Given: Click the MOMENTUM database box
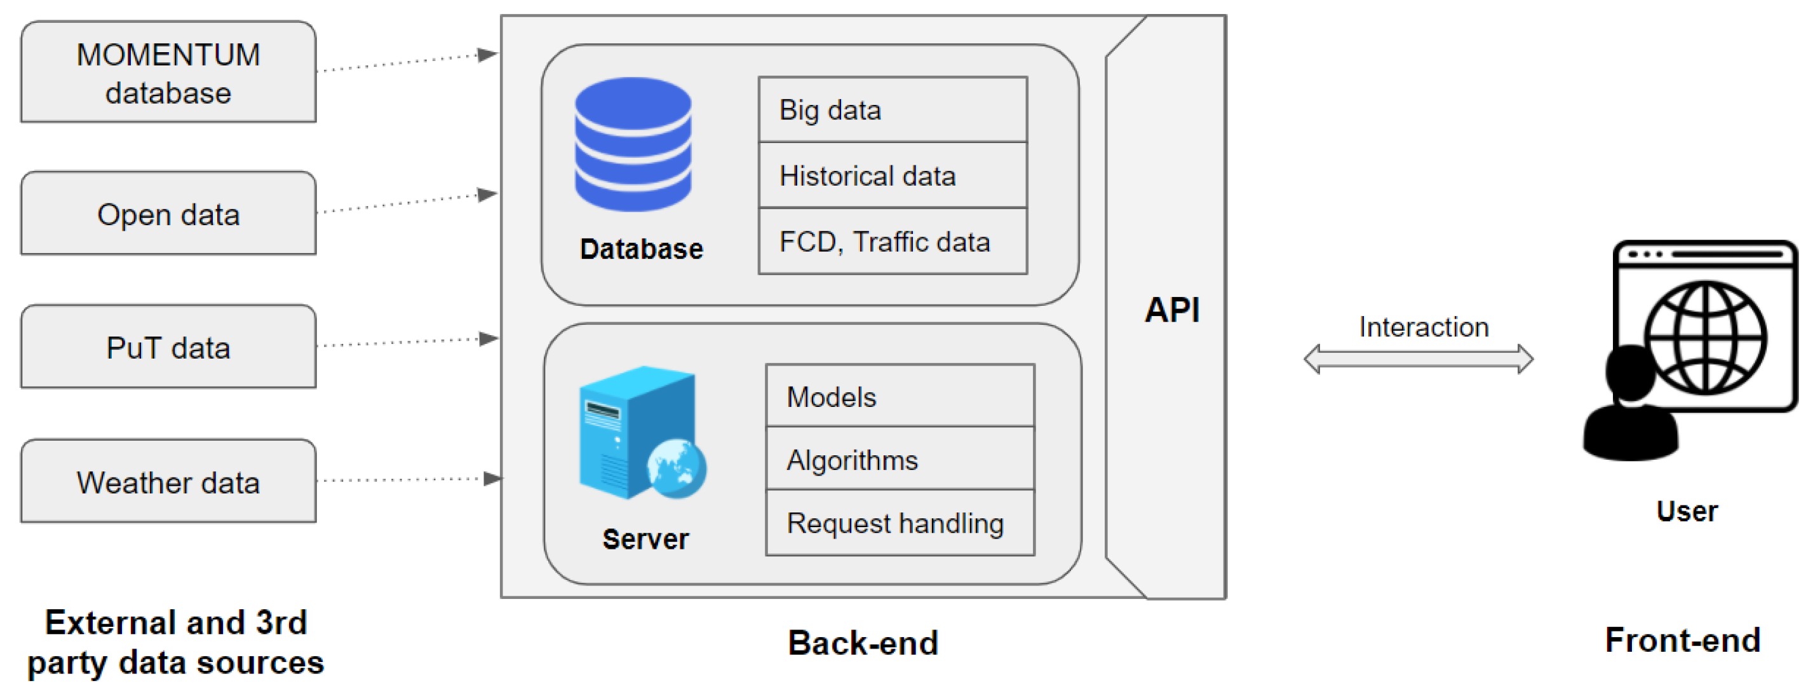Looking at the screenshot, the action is tap(168, 72).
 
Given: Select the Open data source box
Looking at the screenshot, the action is tap(168, 212).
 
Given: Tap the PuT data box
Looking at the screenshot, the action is tap(168, 347).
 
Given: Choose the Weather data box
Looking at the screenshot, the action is tap(168, 481).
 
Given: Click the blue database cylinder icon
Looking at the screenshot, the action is tap(633, 144).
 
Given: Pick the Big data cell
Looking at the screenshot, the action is tap(893, 109).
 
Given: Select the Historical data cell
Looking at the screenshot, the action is tap(893, 175).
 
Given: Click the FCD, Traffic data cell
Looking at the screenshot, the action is tap(893, 241).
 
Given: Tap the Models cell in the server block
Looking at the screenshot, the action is tap(900, 395).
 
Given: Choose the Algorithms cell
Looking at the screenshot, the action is tap(900, 458).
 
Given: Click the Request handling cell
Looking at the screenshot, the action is tap(900, 523).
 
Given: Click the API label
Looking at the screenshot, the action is tap(1172, 310).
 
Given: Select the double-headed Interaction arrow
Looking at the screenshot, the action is tap(1418, 359).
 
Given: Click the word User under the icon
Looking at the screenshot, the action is tap(1687, 511).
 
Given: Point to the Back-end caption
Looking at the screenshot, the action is tap(863, 642).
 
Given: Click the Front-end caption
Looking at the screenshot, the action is tap(1683, 640).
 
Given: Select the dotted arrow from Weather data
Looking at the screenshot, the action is tap(410, 479).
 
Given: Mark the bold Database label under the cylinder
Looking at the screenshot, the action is tap(641, 249).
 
